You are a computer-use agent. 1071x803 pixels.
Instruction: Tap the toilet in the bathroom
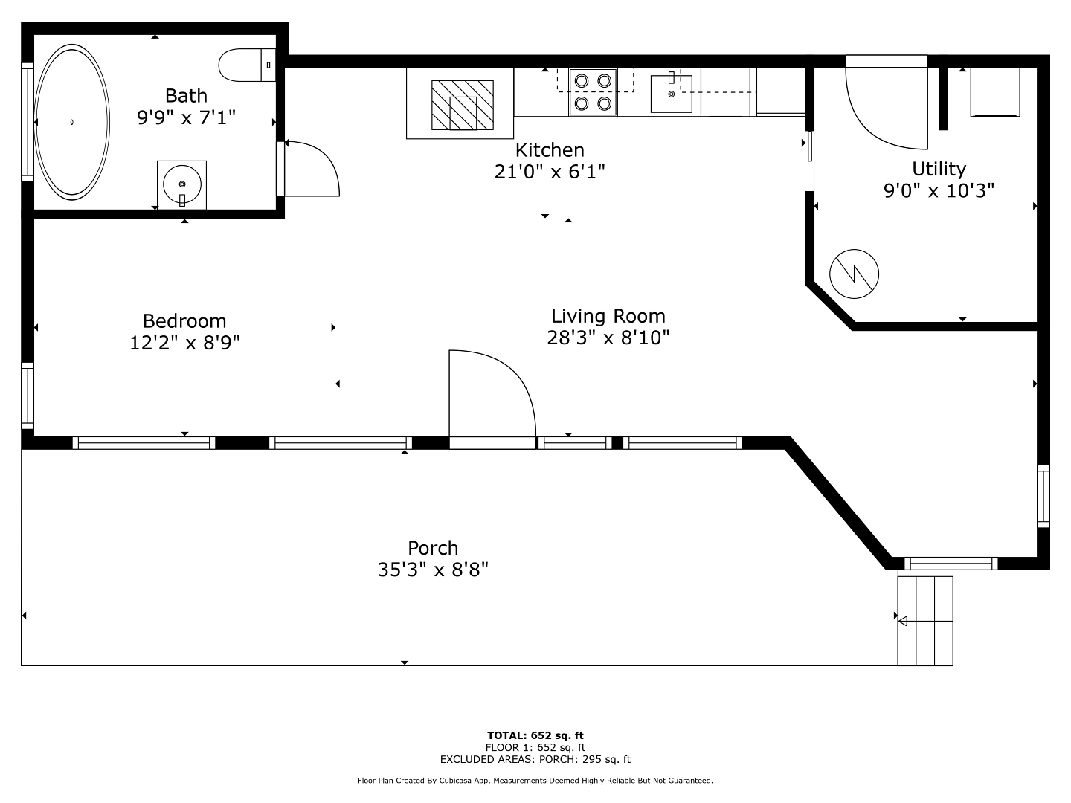click(247, 65)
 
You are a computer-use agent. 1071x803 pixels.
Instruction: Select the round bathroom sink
click(182, 184)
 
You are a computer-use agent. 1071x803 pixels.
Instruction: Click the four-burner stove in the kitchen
click(593, 92)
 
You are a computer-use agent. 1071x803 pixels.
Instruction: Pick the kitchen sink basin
click(672, 94)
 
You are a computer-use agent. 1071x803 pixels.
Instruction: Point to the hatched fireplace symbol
click(462, 105)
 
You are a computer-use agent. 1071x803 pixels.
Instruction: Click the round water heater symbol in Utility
click(854, 274)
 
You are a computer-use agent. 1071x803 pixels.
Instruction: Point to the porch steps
click(925, 621)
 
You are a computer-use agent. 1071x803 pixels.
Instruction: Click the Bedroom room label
click(184, 321)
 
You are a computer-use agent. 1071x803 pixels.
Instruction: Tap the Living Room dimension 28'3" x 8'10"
click(608, 338)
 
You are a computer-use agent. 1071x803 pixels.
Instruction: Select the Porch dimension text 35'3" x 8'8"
click(433, 569)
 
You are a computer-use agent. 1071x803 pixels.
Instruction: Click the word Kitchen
click(550, 149)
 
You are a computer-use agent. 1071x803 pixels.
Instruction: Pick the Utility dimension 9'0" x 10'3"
click(939, 190)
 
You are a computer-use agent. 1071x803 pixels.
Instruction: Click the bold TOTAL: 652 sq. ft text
click(535, 735)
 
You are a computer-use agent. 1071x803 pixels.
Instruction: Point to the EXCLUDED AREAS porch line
click(535, 759)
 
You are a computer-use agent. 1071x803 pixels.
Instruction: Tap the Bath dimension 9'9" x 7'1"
click(187, 117)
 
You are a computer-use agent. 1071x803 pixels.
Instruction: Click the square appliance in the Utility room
click(995, 92)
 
